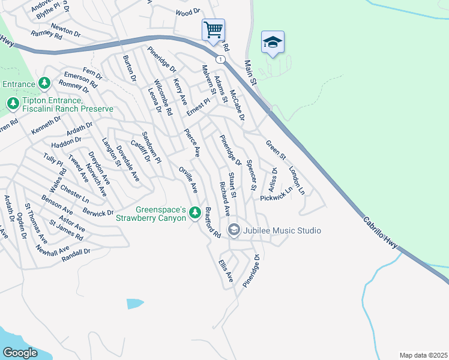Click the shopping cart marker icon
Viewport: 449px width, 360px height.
tap(213, 29)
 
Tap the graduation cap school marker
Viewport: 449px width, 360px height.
tap(273, 42)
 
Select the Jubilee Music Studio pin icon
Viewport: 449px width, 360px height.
tap(234, 230)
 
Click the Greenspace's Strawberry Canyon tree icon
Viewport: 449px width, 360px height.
tap(194, 212)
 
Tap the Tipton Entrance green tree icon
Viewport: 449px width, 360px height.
tap(13, 104)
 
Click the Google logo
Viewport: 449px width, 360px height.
tap(20, 353)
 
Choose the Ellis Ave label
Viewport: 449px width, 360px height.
tap(226, 271)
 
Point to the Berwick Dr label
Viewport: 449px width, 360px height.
tap(98, 213)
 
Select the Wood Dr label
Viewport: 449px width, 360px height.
tap(188, 12)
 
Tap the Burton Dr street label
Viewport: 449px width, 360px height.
tap(128, 69)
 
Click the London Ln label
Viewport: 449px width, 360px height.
tap(297, 180)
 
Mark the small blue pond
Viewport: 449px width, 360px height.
tap(135, 304)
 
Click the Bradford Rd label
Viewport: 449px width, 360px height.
tap(212, 223)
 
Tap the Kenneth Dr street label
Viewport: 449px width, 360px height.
tap(46, 124)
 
